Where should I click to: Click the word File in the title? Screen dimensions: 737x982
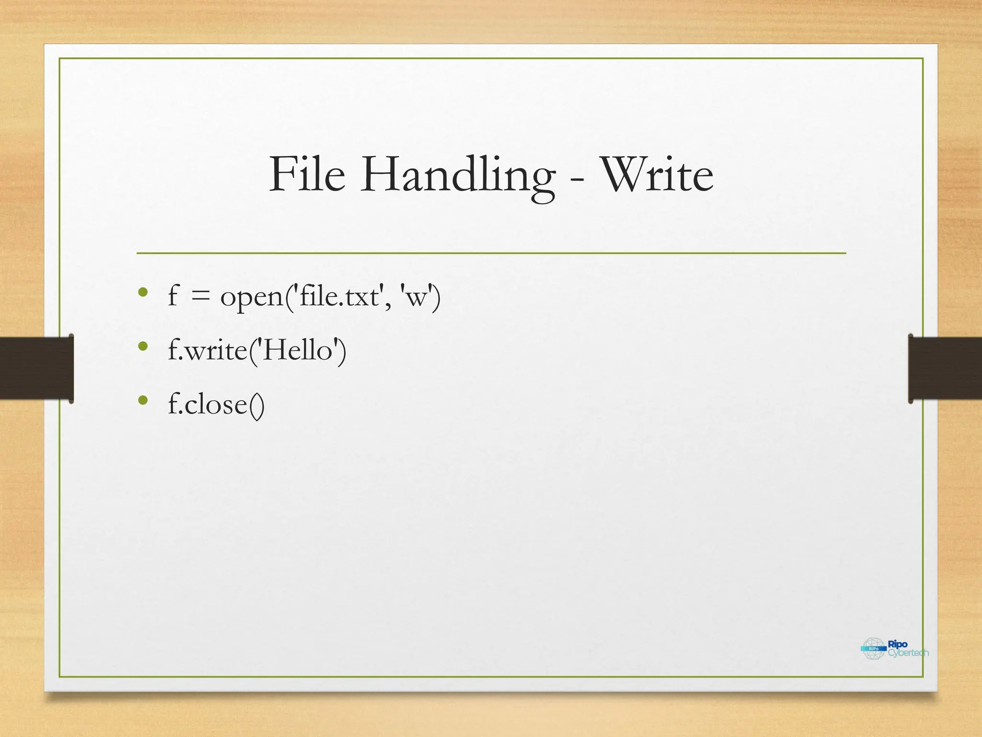coord(307,175)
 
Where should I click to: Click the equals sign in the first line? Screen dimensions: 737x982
coord(200,297)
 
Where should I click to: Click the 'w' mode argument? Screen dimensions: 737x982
coord(417,297)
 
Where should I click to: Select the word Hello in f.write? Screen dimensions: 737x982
coord(298,350)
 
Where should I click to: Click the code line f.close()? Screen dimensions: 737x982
coord(216,404)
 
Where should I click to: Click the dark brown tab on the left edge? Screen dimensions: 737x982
coord(36,368)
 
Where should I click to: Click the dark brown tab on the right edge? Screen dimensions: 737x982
coord(945,368)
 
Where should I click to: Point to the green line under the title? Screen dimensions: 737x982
coord(491,253)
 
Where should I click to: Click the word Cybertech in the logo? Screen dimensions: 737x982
coord(908,653)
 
